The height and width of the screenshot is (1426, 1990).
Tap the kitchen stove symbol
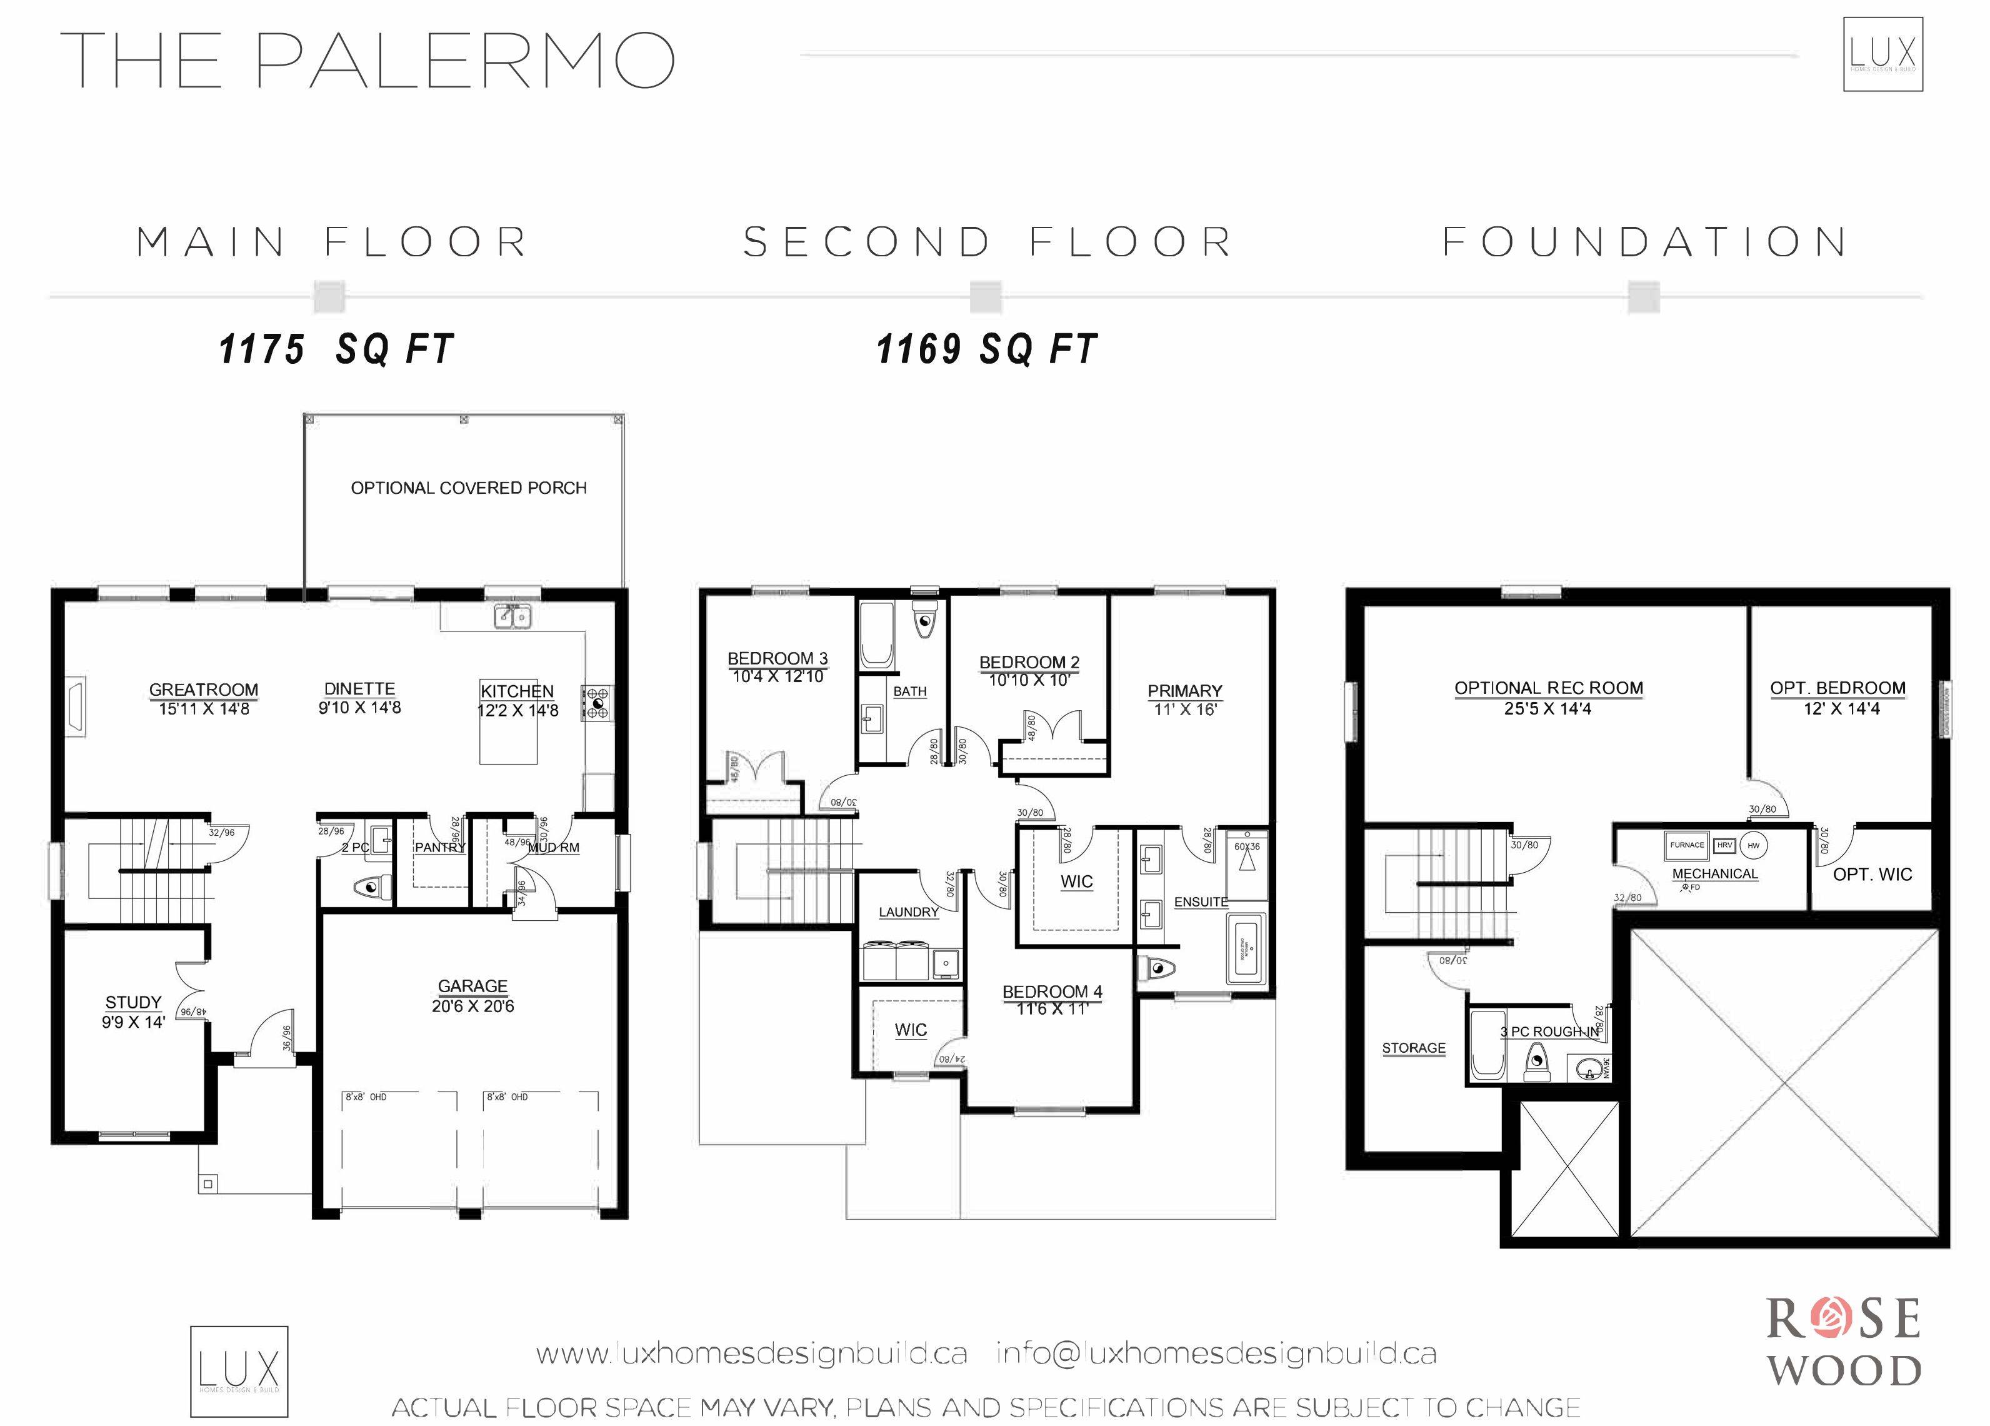coord(597,703)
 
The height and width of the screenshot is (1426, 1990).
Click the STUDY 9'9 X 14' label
coord(133,1012)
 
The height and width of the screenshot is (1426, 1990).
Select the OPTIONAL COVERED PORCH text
coord(469,488)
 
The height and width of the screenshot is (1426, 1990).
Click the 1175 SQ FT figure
coord(336,349)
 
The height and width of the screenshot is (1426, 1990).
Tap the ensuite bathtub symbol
coord(1246,950)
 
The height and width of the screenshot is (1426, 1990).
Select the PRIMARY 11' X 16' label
coord(1184,700)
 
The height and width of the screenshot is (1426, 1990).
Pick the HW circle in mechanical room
coord(1753,845)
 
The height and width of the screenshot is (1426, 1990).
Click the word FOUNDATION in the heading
coord(1645,242)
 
